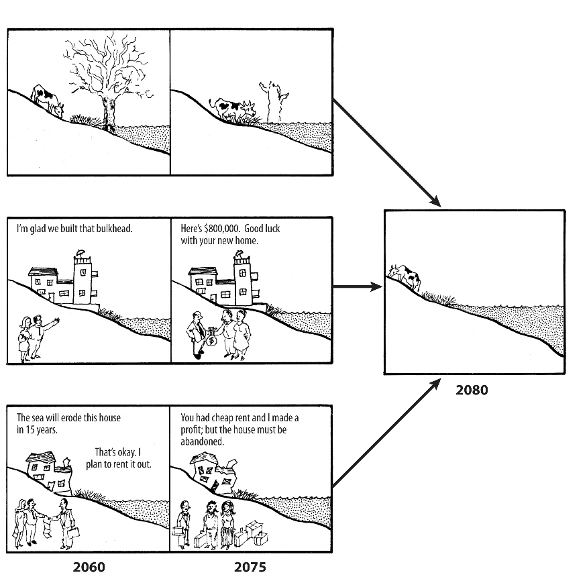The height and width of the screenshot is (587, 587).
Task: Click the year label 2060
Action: pyautogui.click(x=89, y=567)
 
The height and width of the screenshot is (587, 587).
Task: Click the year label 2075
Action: pyautogui.click(x=250, y=567)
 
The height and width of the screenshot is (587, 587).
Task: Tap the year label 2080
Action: pyautogui.click(x=472, y=390)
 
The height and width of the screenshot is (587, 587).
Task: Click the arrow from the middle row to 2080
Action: pyautogui.click(x=357, y=287)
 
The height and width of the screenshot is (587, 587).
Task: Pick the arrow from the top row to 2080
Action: pyautogui.click(x=386, y=153)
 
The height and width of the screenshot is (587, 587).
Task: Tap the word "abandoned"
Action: pyautogui.click(x=202, y=442)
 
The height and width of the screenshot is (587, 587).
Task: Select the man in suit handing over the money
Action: pyautogui.click(x=196, y=332)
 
